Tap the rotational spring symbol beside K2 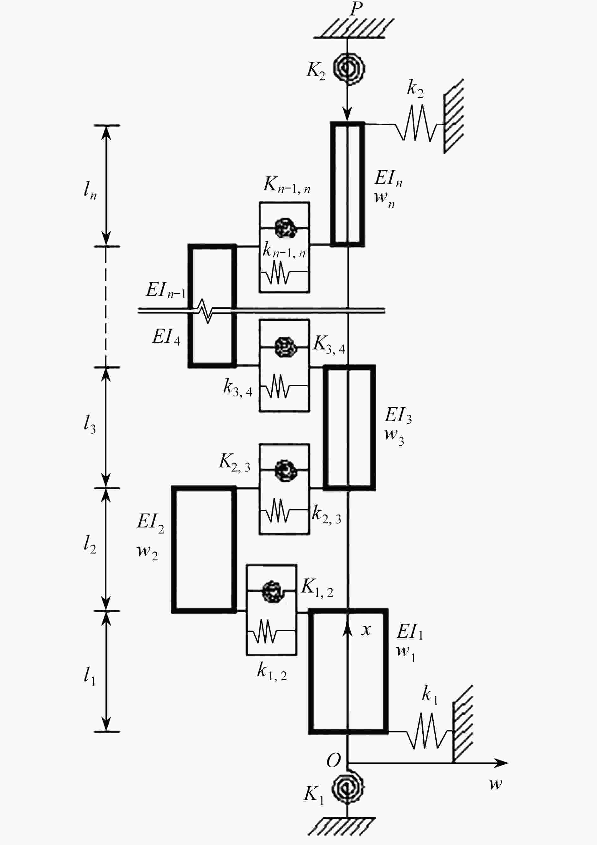[x=348, y=68]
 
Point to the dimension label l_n [x=90, y=191]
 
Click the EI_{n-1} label [x=166, y=290]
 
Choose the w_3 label [x=394, y=436]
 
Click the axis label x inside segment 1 [x=366, y=630]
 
